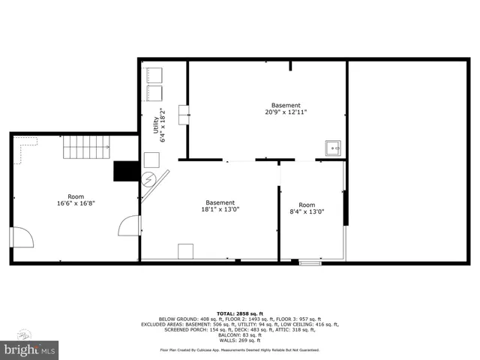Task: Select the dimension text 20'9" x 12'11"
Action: [x=286, y=112]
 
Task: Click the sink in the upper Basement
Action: [x=332, y=148]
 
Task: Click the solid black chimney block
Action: [x=124, y=172]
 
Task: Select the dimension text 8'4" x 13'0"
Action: [x=307, y=211]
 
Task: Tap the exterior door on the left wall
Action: [x=21, y=237]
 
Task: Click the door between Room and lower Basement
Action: [x=130, y=224]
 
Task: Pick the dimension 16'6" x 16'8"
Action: [x=76, y=202]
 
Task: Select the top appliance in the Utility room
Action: [x=155, y=76]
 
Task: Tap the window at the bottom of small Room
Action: [x=307, y=262]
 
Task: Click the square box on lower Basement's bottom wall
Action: [x=186, y=251]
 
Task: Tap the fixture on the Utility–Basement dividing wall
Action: [x=183, y=115]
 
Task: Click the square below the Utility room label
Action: [x=151, y=159]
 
